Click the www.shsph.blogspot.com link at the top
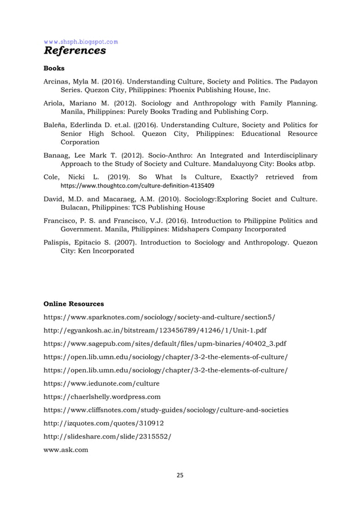click(81, 41)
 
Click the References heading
click(74, 51)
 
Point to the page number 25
click(180, 475)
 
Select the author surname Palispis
click(59, 243)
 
